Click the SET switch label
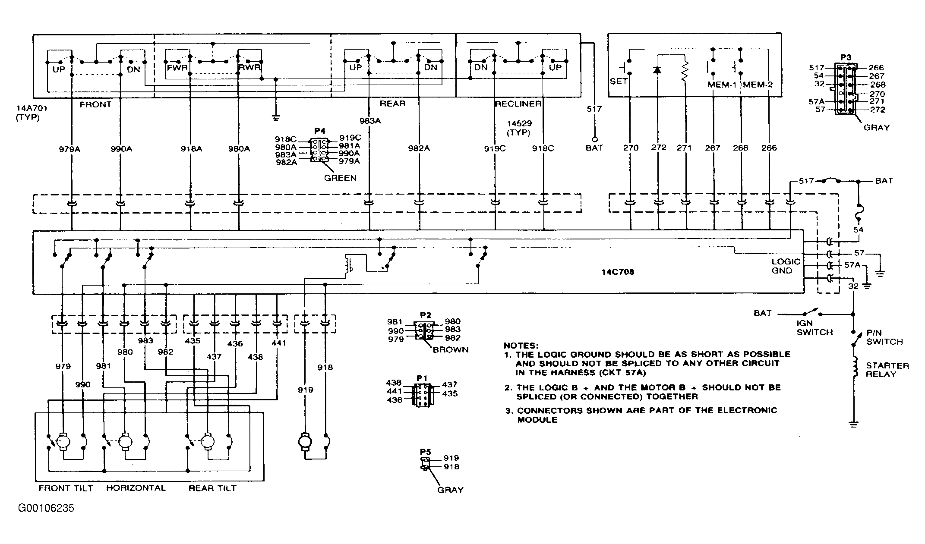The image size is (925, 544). point(619,82)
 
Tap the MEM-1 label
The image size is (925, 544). point(722,85)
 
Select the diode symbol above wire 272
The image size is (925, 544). point(657,70)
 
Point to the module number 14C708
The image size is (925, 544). point(618,272)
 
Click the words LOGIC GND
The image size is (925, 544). point(786,266)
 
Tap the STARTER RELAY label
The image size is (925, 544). point(887,370)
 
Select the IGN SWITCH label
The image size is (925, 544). point(814,327)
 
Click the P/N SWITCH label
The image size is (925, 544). point(884,337)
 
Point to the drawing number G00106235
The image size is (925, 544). point(46,508)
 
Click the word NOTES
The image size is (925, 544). point(521,346)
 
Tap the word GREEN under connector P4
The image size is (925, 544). point(341,178)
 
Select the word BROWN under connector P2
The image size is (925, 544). point(451,349)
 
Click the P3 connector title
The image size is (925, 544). point(846,57)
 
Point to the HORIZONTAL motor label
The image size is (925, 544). point(136,488)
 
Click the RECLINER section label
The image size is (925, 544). point(518,104)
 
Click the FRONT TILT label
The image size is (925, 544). point(66,488)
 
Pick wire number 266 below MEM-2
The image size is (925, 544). point(769,148)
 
